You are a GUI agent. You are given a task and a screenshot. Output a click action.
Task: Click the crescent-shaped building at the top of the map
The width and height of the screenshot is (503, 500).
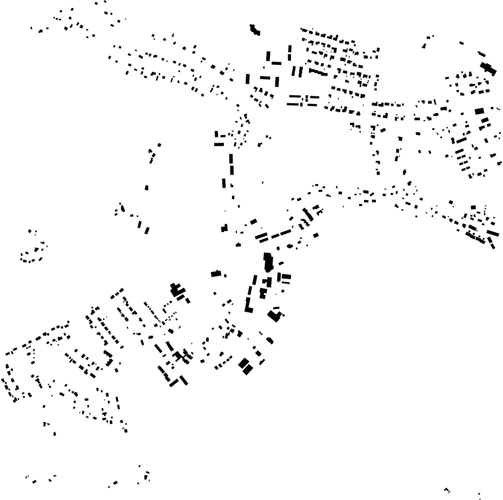click(254, 30)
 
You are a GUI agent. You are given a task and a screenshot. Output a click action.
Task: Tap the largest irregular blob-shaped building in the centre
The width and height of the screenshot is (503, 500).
click(268, 262)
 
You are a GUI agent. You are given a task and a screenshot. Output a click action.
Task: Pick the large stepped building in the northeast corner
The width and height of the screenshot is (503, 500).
click(488, 69)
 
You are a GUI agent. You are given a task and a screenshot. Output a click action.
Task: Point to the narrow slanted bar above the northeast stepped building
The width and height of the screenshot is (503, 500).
click(481, 54)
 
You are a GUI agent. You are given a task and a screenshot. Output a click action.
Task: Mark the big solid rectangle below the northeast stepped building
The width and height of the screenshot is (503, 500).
click(479, 111)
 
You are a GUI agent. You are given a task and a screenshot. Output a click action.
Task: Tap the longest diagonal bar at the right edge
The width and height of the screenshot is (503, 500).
click(492, 233)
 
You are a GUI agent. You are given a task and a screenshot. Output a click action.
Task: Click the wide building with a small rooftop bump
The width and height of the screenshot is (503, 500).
click(216, 274)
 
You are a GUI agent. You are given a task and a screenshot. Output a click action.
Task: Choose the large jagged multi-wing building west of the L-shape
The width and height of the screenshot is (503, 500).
click(178, 291)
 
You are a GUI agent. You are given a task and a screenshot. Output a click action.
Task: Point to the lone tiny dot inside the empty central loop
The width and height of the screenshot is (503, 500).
click(263, 182)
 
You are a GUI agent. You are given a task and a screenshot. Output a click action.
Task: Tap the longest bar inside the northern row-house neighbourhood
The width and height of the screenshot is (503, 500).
click(319, 71)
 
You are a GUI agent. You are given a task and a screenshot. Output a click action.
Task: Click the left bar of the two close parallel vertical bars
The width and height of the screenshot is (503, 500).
click(294, 71)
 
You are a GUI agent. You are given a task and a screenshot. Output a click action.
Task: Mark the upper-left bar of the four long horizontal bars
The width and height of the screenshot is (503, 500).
click(293, 97)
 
